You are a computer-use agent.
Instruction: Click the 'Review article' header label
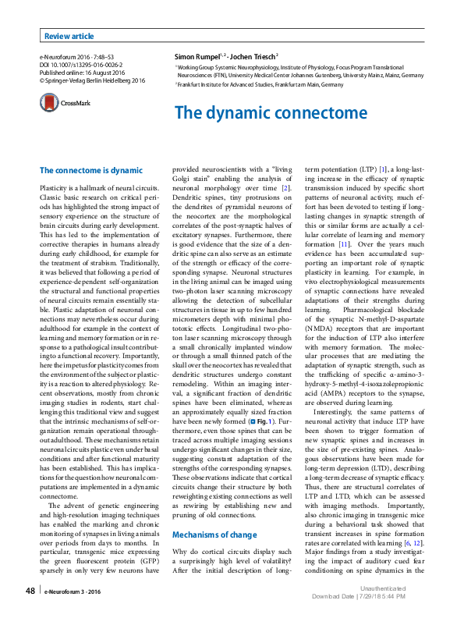coord(69,36)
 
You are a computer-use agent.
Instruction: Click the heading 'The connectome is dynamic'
coord(91,170)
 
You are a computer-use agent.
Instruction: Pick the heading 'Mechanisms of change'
coord(214,513)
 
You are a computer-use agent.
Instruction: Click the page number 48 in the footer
coord(30,592)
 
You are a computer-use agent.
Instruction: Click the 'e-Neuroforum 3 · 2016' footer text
coord(74,593)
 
